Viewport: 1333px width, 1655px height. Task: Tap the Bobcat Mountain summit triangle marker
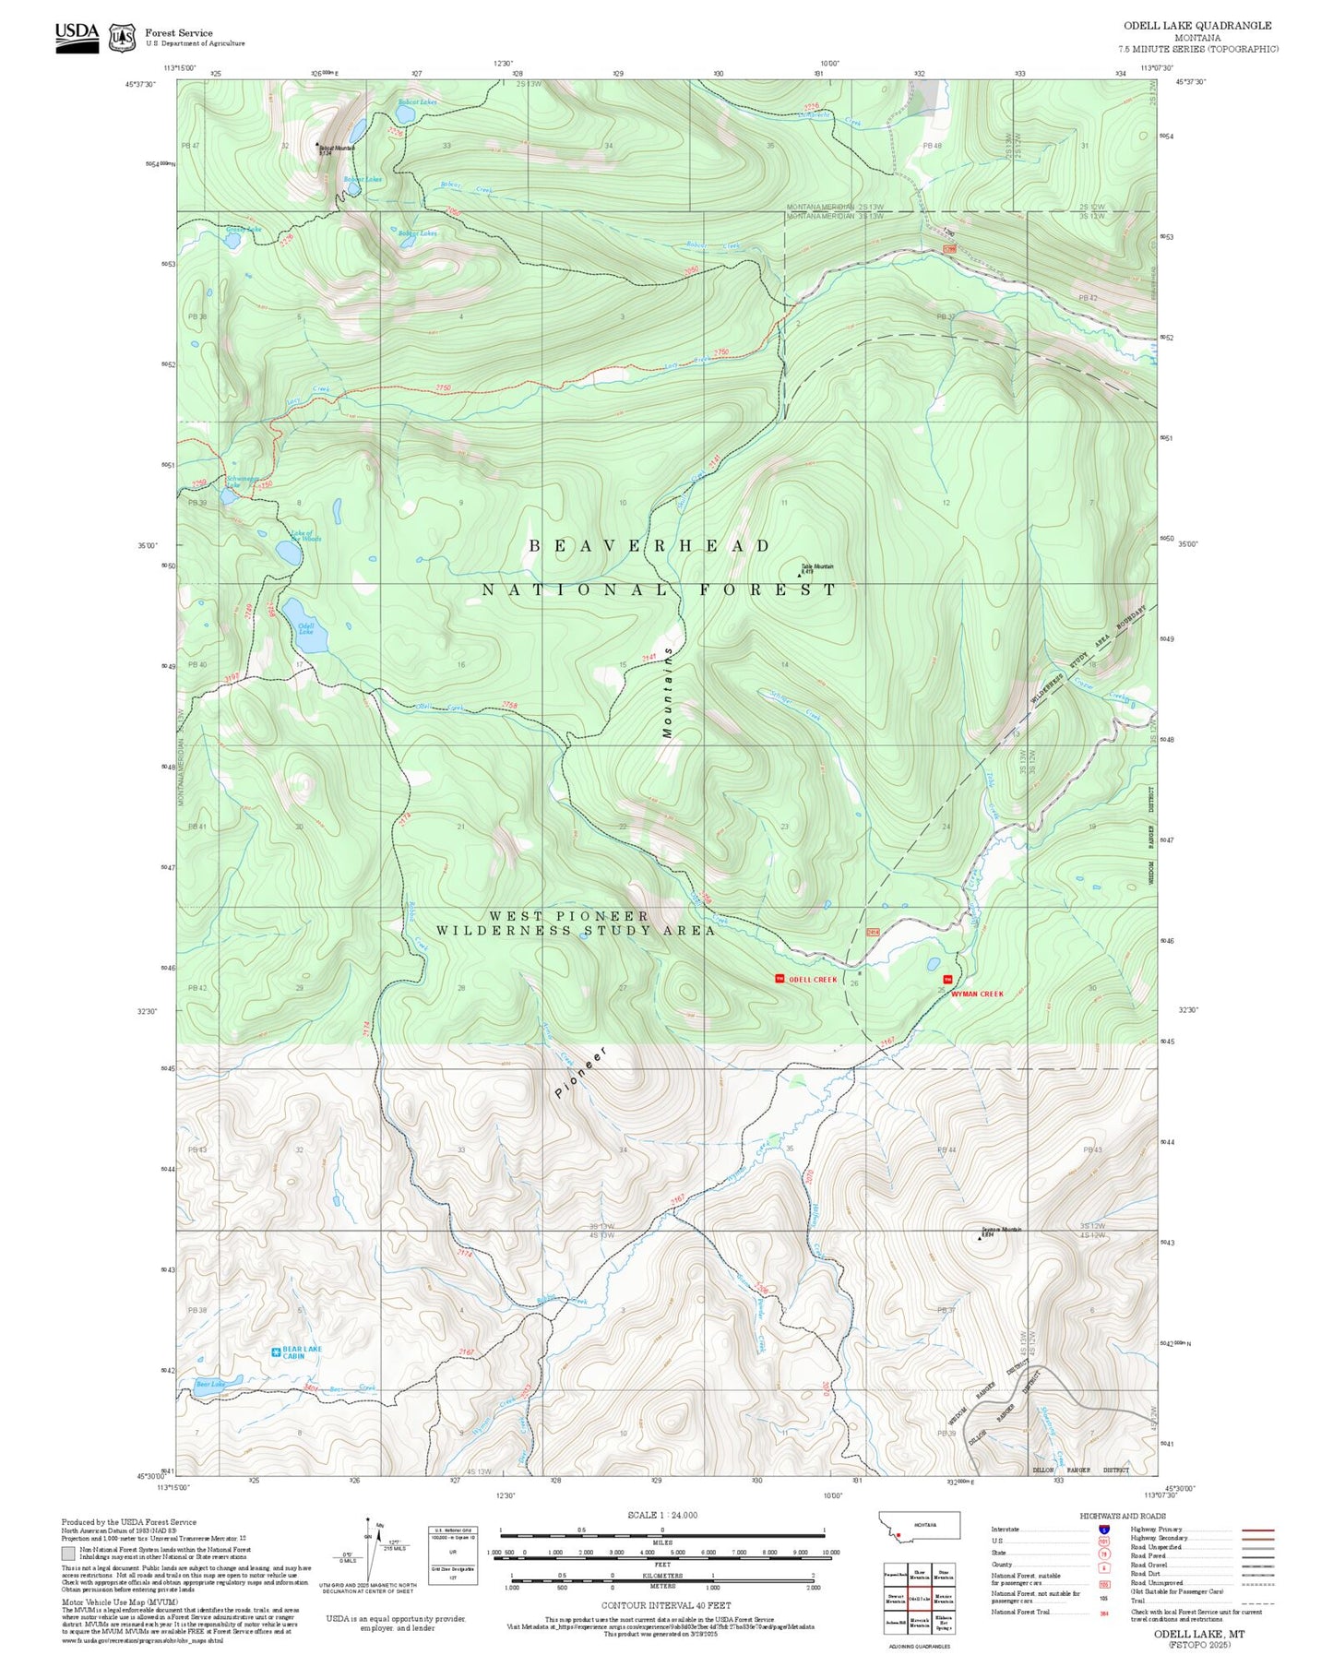[317, 144]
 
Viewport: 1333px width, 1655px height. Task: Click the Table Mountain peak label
[816, 567]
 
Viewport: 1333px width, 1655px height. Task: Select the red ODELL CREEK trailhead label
[813, 980]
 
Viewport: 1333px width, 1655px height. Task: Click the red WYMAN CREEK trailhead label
[978, 994]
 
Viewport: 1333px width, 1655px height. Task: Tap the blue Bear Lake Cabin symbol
[276, 1352]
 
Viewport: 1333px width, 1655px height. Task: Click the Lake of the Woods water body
[288, 552]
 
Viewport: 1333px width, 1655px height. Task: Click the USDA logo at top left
[77, 36]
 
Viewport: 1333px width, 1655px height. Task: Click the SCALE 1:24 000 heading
[661, 1515]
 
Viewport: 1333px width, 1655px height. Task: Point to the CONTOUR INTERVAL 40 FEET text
[665, 1605]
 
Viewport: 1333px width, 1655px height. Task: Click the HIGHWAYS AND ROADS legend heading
[1122, 1516]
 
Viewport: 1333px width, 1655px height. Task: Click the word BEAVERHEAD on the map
[649, 546]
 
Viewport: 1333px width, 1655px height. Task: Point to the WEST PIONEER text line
[568, 916]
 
